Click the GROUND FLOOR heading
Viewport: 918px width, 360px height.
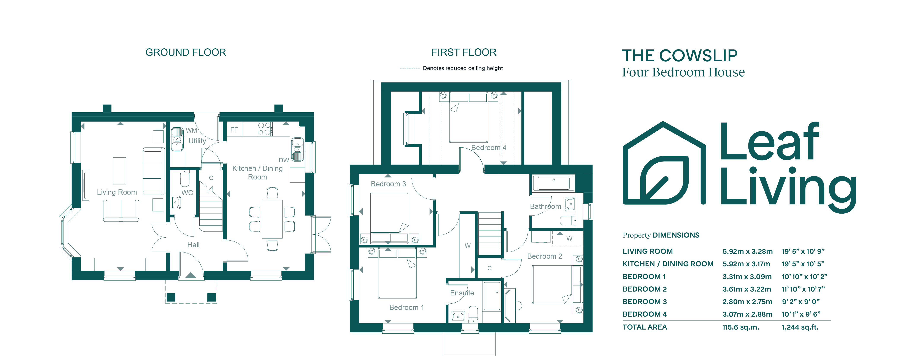point(186,52)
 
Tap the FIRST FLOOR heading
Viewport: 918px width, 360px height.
point(464,52)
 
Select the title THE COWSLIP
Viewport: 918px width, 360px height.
point(680,56)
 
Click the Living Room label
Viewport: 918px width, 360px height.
point(117,192)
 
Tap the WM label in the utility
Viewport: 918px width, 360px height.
point(191,130)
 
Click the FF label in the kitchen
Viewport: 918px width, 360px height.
point(234,129)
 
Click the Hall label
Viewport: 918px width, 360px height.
point(194,245)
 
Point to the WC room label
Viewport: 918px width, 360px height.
point(187,193)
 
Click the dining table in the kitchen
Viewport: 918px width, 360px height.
point(272,219)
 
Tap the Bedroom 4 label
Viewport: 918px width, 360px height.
point(489,147)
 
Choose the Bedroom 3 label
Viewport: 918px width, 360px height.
point(388,184)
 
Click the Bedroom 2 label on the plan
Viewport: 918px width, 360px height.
point(545,256)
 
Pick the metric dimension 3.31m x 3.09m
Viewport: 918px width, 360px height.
point(747,277)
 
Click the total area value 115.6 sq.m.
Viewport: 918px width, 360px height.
point(740,327)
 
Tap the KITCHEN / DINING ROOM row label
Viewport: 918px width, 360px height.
point(668,264)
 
